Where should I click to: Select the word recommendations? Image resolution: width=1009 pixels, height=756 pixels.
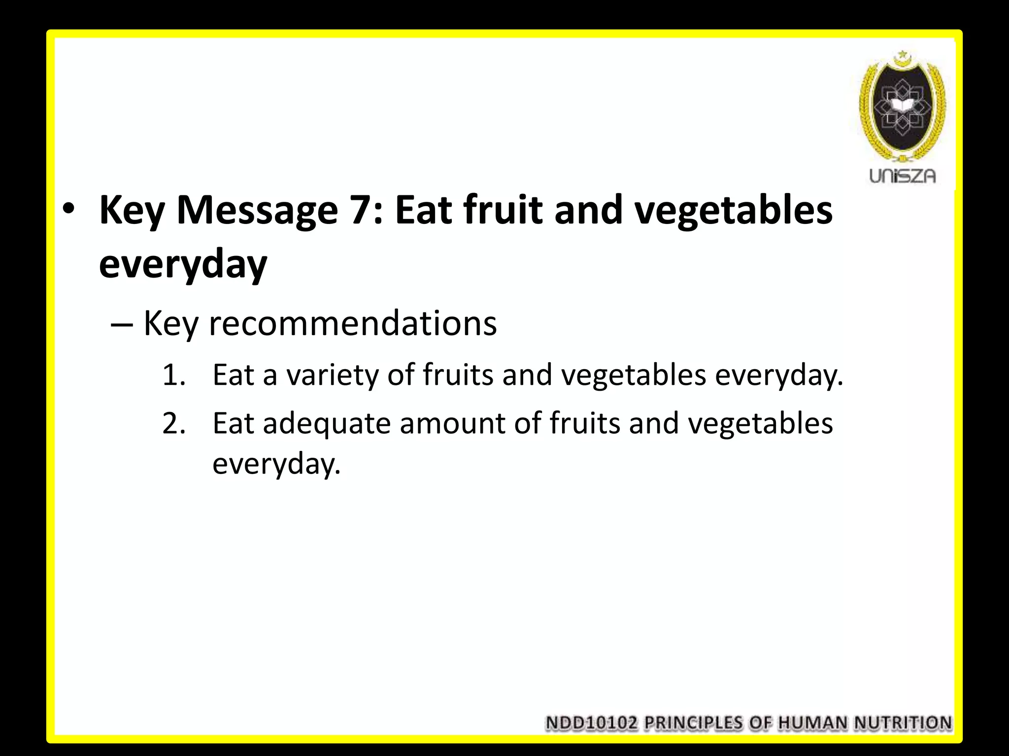tap(353, 323)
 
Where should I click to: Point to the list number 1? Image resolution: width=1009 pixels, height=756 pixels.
tap(173, 375)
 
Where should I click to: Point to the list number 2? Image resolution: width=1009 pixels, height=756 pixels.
tap(174, 423)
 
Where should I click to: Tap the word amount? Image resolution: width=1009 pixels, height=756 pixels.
tap(452, 423)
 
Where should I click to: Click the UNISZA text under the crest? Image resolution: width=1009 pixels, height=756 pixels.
tap(902, 176)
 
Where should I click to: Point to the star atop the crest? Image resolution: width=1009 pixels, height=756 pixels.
tap(902, 53)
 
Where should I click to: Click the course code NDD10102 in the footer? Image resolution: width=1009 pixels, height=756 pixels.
tap(592, 723)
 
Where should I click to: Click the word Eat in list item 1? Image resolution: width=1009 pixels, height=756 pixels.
tap(233, 375)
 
